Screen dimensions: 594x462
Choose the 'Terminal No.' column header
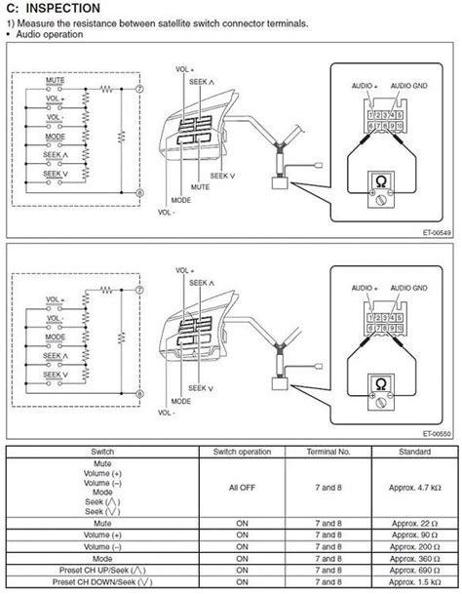[321, 453]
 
